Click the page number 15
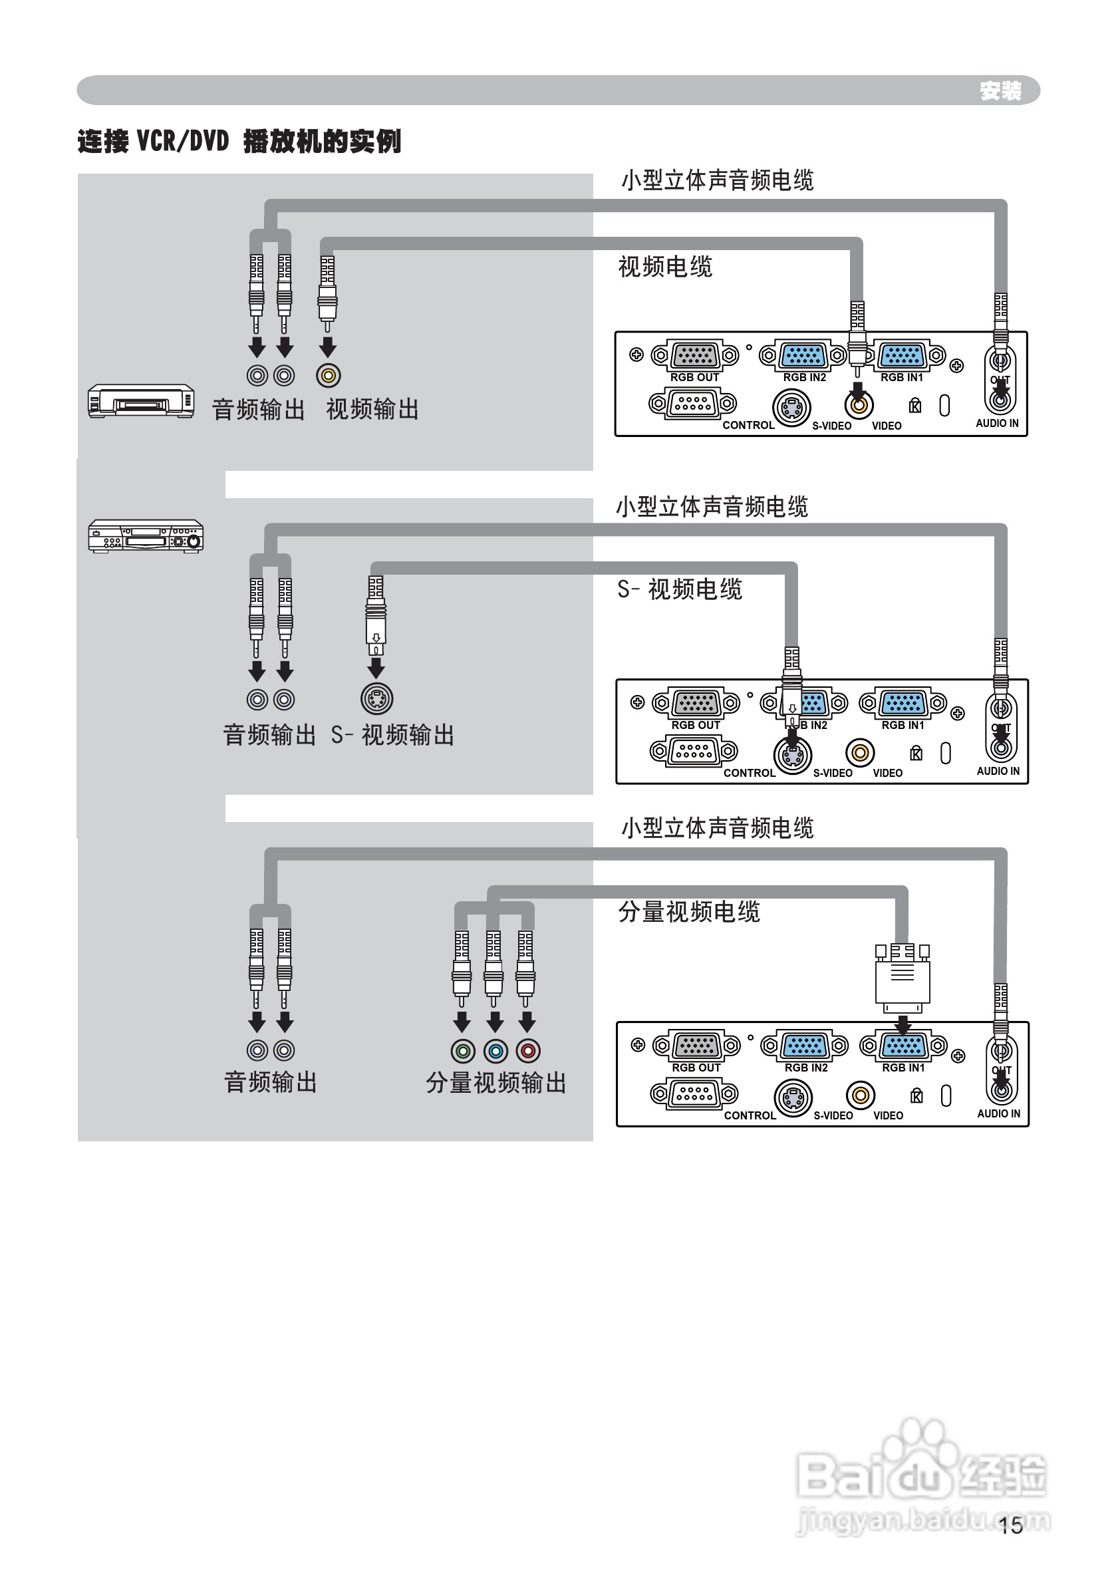(1010, 1525)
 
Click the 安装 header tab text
(1000, 90)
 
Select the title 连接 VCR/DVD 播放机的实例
(239, 142)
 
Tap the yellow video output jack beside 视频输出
(329, 375)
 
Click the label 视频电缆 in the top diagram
(665, 266)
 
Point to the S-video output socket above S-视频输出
(376, 699)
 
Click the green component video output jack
(463, 1051)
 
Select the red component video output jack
(528, 1051)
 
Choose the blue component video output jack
(495, 1051)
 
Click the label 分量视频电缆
(688, 912)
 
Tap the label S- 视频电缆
(679, 590)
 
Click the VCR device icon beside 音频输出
(141, 401)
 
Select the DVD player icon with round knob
(146, 536)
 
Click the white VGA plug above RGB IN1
(902, 980)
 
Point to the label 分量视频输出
(496, 1083)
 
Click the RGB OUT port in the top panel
(694, 355)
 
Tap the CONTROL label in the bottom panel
(750, 1115)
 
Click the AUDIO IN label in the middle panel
(998, 771)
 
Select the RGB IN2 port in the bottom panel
(805, 1046)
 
